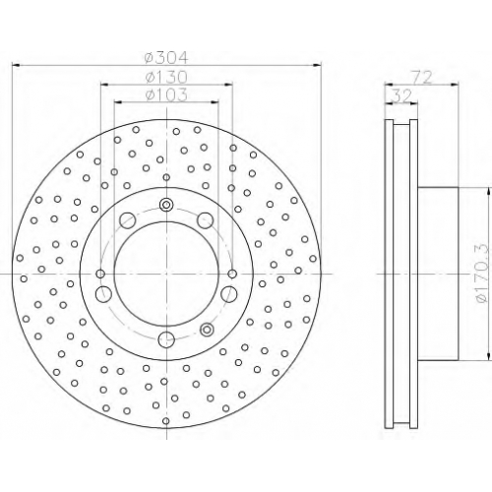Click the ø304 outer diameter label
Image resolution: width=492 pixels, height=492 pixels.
(x=166, y=58)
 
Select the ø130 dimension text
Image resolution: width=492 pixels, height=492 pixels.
(x=166, y=78)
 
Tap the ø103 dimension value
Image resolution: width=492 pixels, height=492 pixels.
(x=166, y=95)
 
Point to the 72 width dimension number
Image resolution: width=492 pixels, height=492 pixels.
(x=422, y=78)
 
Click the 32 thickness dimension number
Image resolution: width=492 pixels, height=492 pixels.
(x=401, y=96)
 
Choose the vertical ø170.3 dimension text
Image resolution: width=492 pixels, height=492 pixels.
(x=481, y=274)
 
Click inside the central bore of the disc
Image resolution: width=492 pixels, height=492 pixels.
(x=166, y=274)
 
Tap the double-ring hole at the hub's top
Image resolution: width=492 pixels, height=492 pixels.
(x=166, y=205)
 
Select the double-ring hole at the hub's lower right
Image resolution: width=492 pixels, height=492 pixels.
(x=207, y=329)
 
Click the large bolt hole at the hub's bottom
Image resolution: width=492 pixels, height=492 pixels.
(x=166, y=339)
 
